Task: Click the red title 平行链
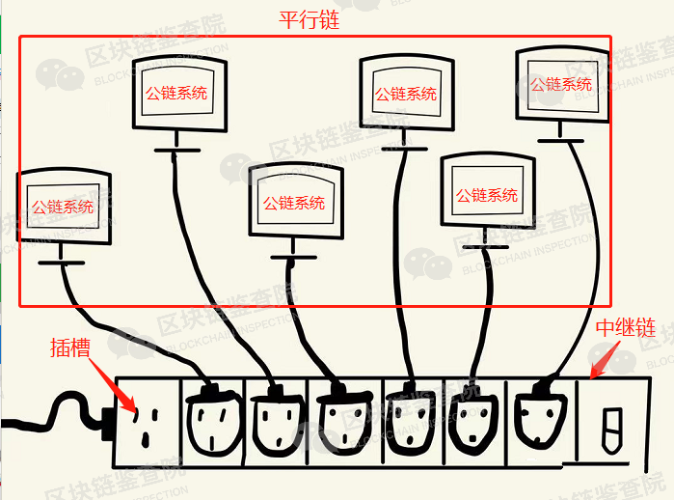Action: (x=310, y=20)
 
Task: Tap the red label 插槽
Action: (x=70, y=347)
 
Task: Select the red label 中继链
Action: (x=626, y=328)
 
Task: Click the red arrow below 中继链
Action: (x=605, y=360)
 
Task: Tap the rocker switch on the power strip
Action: (x=612, y=431)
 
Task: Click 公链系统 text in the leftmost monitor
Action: (x=63, y=207)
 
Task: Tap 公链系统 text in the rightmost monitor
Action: (x=561, y=84)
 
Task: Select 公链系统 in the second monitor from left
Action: (x=176, y=93)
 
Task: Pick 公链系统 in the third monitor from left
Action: (x=294, y=203)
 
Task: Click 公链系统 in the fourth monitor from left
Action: (x=406, y=94)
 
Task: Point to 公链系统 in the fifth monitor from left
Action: (x=487, y=195)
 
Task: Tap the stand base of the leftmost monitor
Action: (x=61, y=263)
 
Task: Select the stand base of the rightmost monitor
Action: (x=560, y=141)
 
